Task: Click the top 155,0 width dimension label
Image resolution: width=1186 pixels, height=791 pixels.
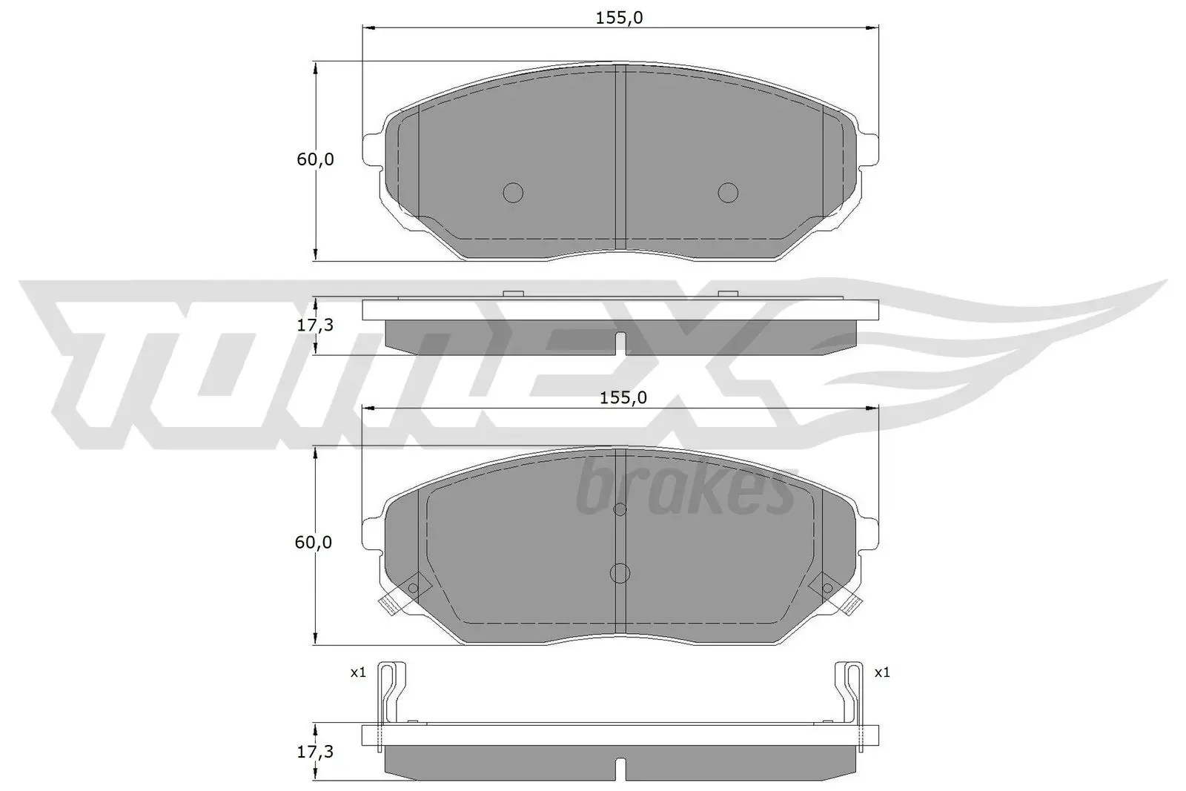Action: pos(619,18)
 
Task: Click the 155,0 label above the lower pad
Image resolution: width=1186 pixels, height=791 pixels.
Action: pos(623,398)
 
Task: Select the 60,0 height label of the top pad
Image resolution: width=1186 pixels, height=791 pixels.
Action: pos(315,159)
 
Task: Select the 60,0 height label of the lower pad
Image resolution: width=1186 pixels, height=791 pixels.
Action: pos(313,543)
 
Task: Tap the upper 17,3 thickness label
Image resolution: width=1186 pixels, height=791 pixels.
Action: pos(315,325)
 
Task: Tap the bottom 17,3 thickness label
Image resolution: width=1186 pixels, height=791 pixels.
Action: pos(315,752)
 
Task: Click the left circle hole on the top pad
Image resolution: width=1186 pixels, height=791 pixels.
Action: pos(513,193)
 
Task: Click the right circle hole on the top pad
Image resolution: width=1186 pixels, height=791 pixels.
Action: pos(728,193)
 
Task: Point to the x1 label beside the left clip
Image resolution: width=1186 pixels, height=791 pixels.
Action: pos(359,673)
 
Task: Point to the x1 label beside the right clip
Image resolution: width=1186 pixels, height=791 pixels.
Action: pos(881,673)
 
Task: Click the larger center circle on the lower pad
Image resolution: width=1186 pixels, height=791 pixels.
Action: pos(620,573)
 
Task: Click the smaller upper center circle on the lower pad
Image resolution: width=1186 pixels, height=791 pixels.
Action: pos(620,509)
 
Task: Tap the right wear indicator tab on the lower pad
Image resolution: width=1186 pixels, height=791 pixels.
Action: pos(852,604)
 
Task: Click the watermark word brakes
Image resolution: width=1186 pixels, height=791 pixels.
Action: pos(686,489)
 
